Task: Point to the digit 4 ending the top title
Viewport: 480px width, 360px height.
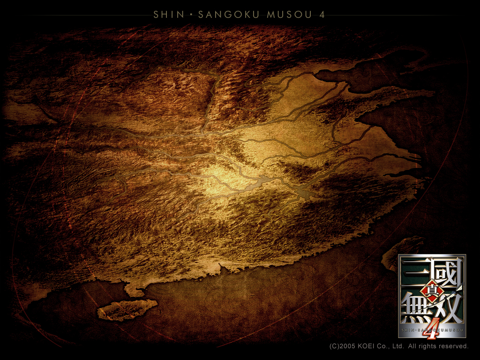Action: click(322, 15)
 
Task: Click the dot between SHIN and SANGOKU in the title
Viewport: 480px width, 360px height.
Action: click(191, 15)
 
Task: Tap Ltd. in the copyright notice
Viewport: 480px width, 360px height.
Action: click(397, 346)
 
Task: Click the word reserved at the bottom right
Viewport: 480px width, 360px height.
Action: click(454, 346)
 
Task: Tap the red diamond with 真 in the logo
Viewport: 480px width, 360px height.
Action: click(428, 292)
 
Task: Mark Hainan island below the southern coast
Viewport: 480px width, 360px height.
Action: click(126, 309)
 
